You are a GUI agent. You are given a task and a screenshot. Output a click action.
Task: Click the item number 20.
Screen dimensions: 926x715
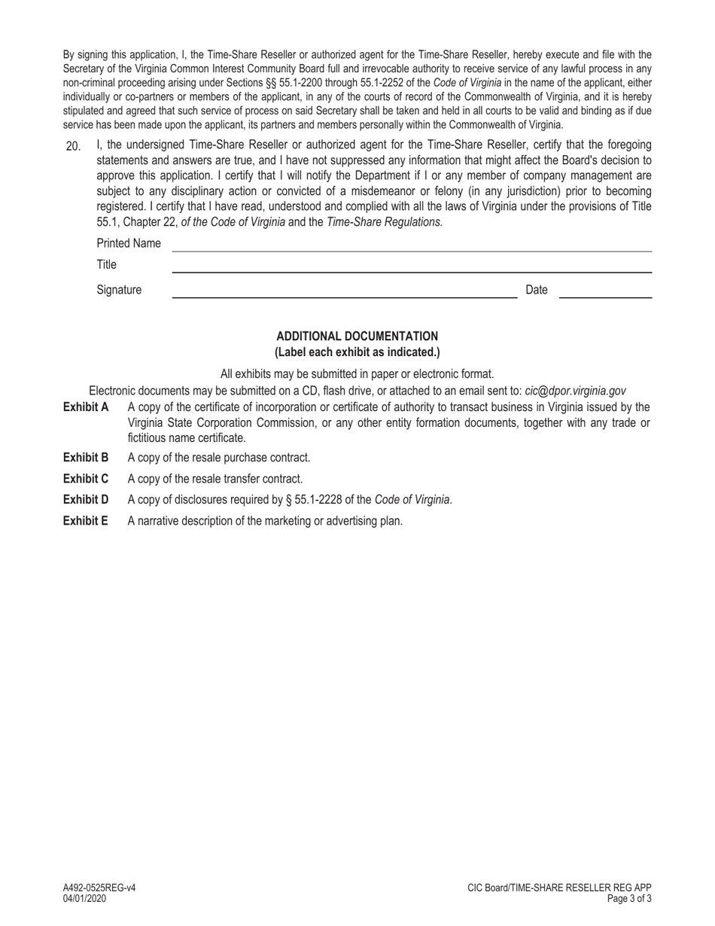[x=73, y=146]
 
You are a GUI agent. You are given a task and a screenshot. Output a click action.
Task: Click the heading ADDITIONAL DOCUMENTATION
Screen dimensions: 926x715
[x=357, y=337]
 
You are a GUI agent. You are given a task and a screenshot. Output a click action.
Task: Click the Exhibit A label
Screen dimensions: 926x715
[x=86, y=407]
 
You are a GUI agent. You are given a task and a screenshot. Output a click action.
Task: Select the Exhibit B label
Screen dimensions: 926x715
[x=86, y=458]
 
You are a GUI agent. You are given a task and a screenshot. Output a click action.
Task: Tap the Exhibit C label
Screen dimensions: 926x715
[x=86, y=479]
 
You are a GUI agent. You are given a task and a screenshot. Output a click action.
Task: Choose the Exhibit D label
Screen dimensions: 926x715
[x=86, y=500]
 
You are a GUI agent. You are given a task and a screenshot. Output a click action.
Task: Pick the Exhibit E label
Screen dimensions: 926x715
[x=86, y=521]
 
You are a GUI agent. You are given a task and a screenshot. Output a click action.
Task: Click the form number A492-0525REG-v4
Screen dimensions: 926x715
[x=99, y=888]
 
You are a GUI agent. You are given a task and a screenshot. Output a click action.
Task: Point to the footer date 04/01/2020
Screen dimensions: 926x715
[x=84, y=899]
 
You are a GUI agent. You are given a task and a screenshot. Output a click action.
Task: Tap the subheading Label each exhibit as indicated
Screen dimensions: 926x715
[x=357, y=352]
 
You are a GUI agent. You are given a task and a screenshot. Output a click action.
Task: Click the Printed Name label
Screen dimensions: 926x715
[x=129, y=243]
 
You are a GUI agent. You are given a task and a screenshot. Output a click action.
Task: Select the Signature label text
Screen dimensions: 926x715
[x=119, y=290]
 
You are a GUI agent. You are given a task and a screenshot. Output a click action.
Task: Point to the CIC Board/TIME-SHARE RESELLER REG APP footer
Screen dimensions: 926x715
[x=559, y=888]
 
